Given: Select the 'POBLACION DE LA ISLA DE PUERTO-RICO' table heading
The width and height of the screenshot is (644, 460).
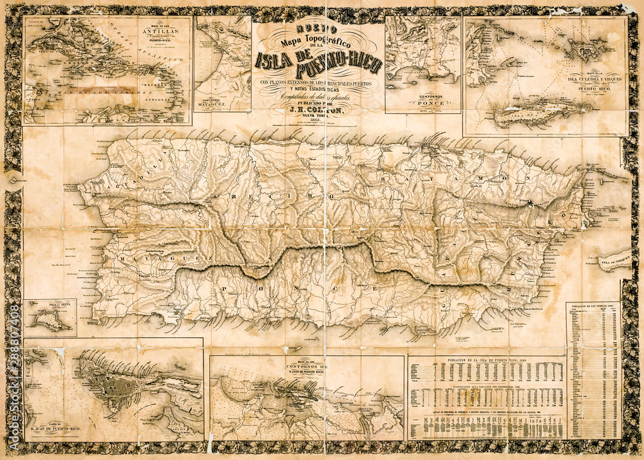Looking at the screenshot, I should [487, 361].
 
